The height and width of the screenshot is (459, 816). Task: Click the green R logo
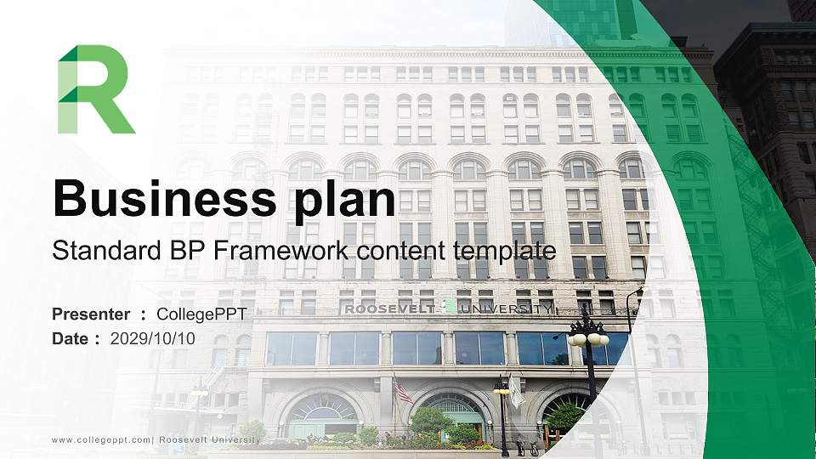(x=94, y=90)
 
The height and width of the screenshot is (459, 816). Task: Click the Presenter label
(x=91, y=314)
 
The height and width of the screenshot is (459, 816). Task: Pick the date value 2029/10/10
(x=153, y=338)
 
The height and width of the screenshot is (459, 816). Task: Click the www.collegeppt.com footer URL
(x=101, y=439)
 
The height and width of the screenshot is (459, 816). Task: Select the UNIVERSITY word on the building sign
(x=506, y=309)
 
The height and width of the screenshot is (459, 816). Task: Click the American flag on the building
(x=402, y=391)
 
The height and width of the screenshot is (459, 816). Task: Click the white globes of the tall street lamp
(x=588, y=338)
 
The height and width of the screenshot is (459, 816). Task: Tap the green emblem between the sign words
(x=448, y=308)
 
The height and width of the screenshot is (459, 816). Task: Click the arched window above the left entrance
(x=322, y=407)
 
